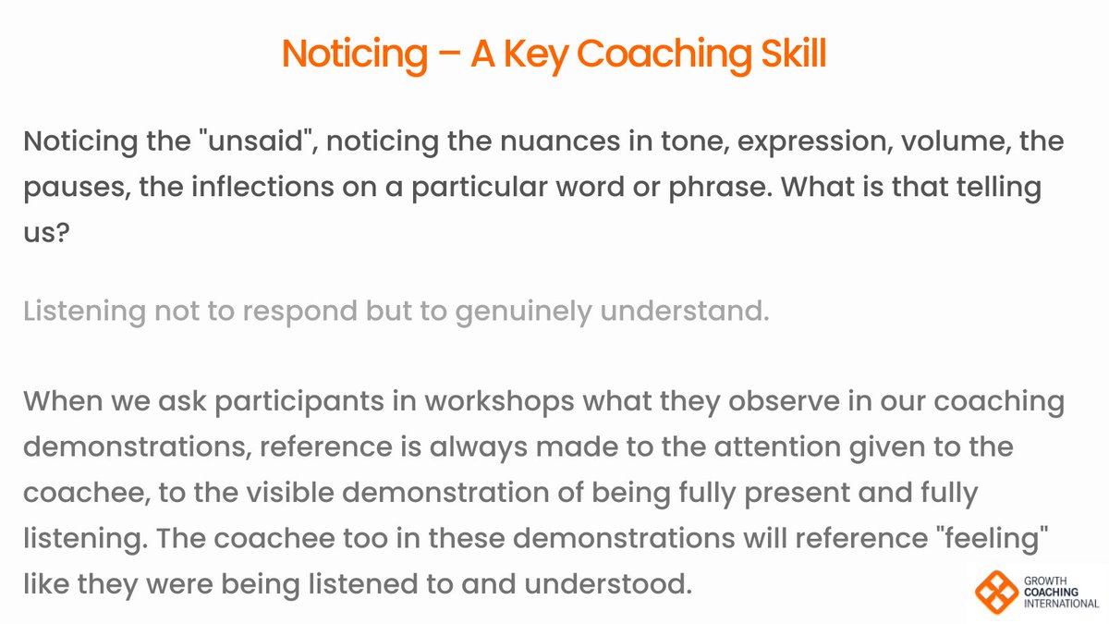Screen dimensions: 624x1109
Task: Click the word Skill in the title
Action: [x=782, y=55]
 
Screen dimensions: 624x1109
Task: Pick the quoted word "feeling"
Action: [x=1003, y=538]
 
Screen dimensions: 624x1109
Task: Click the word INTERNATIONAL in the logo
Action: [x=1061, y=604]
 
